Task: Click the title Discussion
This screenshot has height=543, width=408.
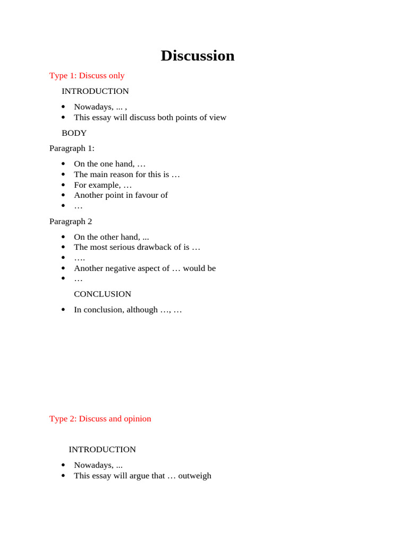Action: point(198,56)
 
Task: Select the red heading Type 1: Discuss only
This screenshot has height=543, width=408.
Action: point(87,75)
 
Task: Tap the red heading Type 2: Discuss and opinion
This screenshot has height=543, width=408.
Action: point(100,418)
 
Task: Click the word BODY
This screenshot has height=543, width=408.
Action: point(74,133)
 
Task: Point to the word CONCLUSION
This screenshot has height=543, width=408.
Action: point(103,294)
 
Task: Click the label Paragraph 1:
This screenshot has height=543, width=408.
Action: point(72,148)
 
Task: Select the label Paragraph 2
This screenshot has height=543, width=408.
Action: point(71,221)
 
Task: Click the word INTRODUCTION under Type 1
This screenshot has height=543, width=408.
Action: point(95,91)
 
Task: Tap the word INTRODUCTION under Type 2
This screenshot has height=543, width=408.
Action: point(102,449)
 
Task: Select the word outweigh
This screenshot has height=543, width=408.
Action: point(194,476)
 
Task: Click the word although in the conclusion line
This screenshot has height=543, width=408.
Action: point(142,310)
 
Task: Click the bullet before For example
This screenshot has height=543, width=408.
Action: point(64,185)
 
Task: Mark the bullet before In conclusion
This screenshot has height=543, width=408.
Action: point(64,310)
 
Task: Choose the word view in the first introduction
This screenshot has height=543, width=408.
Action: point(217,117)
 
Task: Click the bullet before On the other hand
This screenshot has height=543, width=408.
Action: point(64,237)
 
